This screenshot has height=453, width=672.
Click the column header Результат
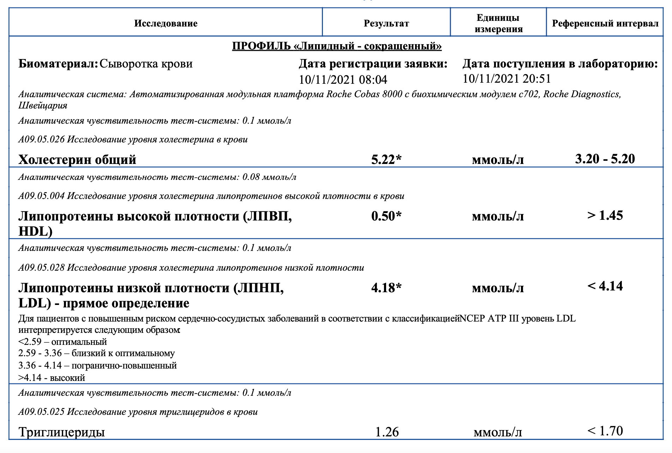tap(386, 24)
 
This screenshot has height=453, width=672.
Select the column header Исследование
tap(166, 24)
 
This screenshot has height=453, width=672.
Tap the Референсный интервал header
tap(605, 24)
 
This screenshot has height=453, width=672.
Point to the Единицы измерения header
tap(498, 23)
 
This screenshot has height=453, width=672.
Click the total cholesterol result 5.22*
tap(386, 160)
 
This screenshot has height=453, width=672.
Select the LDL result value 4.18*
tap(386, 288)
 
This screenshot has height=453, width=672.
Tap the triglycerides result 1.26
tap(387, 432)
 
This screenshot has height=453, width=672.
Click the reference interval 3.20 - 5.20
tap(605, 159)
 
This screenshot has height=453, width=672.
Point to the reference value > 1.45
tap(605, 216)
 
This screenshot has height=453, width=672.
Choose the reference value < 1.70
tap(605, 431)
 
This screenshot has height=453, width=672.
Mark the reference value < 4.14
tap(605, 286)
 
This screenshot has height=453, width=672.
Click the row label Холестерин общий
tap(77, 160)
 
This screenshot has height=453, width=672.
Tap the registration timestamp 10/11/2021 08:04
tap(343, 80)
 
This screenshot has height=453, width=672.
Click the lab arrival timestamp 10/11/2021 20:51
tap(506, 79)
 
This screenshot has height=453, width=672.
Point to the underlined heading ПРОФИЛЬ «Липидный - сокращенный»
tap(337, 46)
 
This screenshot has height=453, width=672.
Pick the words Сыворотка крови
tap(146, 64)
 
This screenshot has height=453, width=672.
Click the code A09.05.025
tap(42, 412)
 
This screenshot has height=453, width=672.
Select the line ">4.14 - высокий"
tap(52, 378)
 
